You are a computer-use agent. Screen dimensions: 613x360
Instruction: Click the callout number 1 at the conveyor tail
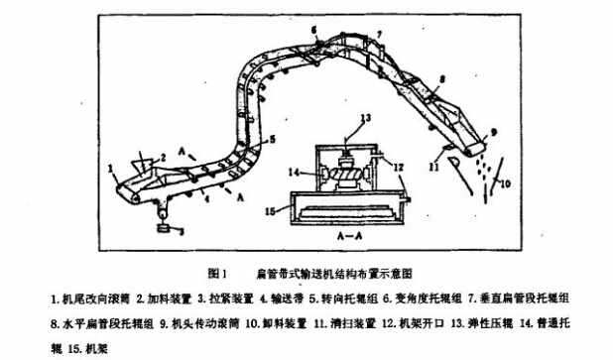coord(113,169)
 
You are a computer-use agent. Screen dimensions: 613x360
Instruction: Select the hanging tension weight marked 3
coord(163,228)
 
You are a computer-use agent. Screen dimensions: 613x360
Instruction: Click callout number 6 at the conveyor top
coord(313,31)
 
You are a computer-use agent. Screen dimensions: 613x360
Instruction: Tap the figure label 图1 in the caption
coord(219,271)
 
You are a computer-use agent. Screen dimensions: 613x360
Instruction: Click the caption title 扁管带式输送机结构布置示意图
coord(333,271)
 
